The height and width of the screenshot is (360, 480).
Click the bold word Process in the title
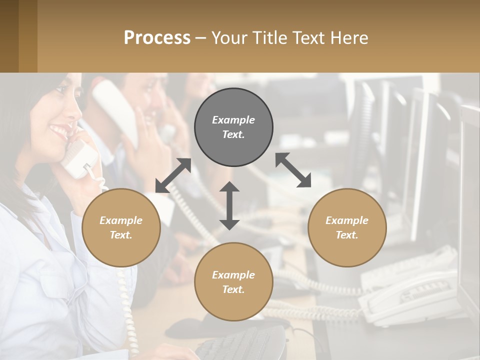pos(157,38)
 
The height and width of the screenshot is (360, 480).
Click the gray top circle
pos(233,127)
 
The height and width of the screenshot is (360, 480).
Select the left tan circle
pos(121,227)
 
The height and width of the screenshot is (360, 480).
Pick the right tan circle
pos(347,227)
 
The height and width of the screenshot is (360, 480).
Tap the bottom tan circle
pos(233,282)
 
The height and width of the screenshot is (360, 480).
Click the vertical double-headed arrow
pos(229,205)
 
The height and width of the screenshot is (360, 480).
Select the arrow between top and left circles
pos(173,175)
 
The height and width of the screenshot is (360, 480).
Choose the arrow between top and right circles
pos(293,170)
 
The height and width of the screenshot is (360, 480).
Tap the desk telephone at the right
pos(410,295)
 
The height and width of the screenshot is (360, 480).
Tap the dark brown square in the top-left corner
pos(9,36)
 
